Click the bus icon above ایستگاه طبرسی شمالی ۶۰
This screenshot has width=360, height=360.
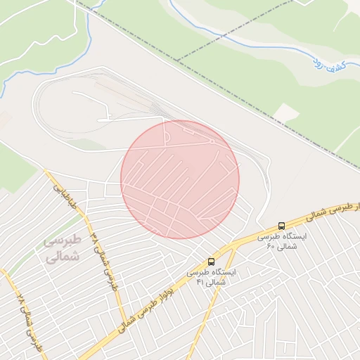[x=282, y=226]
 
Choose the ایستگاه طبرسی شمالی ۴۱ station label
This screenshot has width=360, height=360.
[x=211, y=276]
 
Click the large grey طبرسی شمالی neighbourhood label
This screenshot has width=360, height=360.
[x=63, y=248]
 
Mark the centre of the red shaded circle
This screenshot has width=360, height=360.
[x=180, y=179]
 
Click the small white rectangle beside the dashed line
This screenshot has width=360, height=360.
[x=285, y=112]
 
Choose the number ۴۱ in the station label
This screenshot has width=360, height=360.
[x=201, y=282]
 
